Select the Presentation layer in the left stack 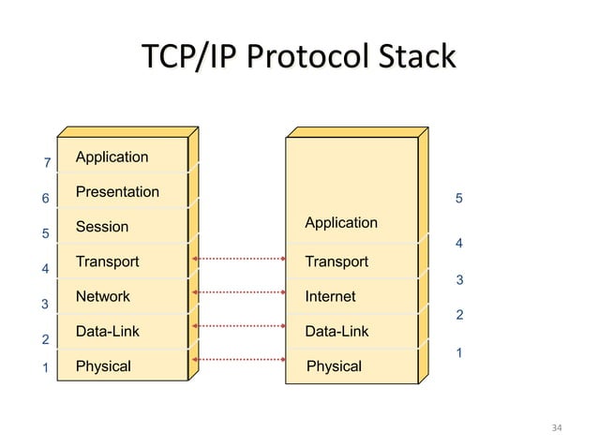click(x=117, y=192)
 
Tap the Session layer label click(x=102, y=227)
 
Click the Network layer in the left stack click(x=103, y=296)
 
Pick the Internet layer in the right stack click(x=330, y=296)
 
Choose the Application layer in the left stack click(x=112, y=157)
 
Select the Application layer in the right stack click(x=341, y=222)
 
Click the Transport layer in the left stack click(x=107, y=261)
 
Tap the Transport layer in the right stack click(x=336, y=261)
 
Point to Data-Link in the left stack click(x=107, y=332)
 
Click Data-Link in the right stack click(x=336, y=332)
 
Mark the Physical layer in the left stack click(x=103, y=366)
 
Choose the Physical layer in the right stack click(x=334, y=366)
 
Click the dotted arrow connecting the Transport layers click(x=238, y=257)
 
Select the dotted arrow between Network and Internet click(x=238, y=291)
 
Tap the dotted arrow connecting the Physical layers click(x=238, y=359)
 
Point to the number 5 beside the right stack click(x=458, y=199)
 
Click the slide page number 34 click(x=557, y=428)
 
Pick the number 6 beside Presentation click(x=43, y=200)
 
